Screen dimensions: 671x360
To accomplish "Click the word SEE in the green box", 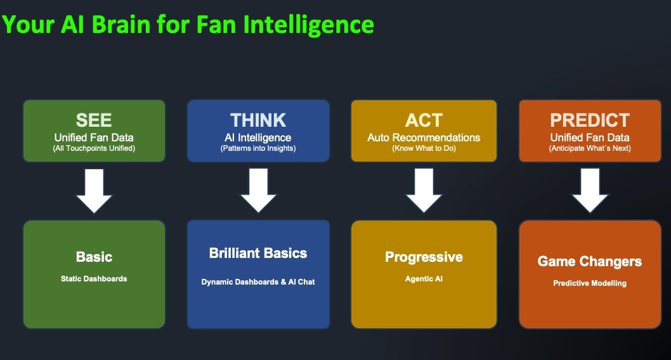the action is pyautogui.click(x=94, y=120).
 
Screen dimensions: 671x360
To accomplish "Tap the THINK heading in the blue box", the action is pyautogui.click(x=258, y=120).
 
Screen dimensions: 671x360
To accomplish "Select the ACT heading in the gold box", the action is pyautogui.click(x=424, y=120).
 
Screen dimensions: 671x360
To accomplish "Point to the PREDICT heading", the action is pyautogui.click(x=590, y=120).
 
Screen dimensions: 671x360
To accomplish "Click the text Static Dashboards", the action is pyautogui.click(x=94, y=278).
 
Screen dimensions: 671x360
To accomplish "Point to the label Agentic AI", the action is pyautogui.click(x=424, y=278).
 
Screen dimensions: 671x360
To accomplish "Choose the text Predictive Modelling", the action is pyautogui.click(x=590, y=283).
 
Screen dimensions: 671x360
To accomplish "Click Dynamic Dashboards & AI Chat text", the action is pyautogui.click(x=258, y=281).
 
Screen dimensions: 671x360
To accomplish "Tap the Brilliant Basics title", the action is pyautogui.click(x=258, y=254).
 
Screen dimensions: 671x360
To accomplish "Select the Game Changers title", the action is pyautogui.click(x=590, y=261).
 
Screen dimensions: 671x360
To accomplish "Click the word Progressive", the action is pyautogui.click(x=424, y=257).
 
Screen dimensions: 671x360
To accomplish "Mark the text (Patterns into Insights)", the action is pyautogui.click(x=258, y=149).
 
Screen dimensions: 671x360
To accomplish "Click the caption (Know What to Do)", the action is pyautogui.click(x=424, y=149).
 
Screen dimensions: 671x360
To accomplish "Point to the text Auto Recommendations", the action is pyautogui.click(x=424, y=138).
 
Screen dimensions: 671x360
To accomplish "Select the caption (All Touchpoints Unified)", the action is pyautogui.click(x=94, y=149).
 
